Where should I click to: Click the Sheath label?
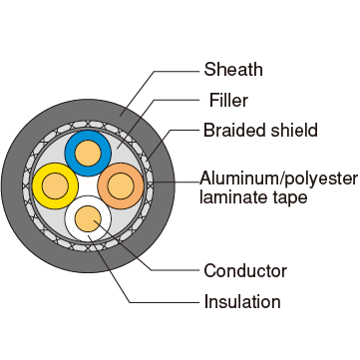pyautogui.click(x=233, y=70)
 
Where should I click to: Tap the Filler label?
pyautogui.click(x=228, y=100)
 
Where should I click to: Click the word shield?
pyautogui.click(x=294, y=130)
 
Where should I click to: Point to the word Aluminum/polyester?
pyautogui.click(x=278, y=180)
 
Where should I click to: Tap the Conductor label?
pyautogui.click(x=245, y=271)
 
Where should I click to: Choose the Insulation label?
pyautogui.click(x=242, y=301)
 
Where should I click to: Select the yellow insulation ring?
pyautogui.click(x=38, y=186)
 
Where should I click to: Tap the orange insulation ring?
pyautogui.click(x=139, y=186)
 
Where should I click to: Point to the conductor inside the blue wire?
pyautogui.click(x=88, y=154)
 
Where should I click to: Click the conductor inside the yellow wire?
pyautogui.click(x=55, y=186)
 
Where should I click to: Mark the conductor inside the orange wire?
pyautogui.click(x=121, y=186)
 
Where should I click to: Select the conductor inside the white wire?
pyautogui.click(x=88, y=218)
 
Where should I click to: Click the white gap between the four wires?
pyautogui.click(x=88, y=185)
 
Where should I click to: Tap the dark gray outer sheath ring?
pyautogui.click(x=13, y=185)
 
